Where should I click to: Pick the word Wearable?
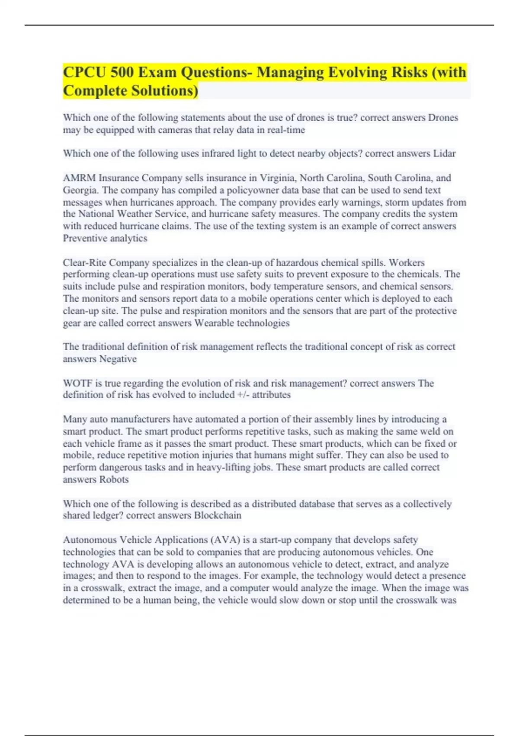214,323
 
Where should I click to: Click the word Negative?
118,359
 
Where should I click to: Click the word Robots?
114,479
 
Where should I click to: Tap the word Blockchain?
218,515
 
